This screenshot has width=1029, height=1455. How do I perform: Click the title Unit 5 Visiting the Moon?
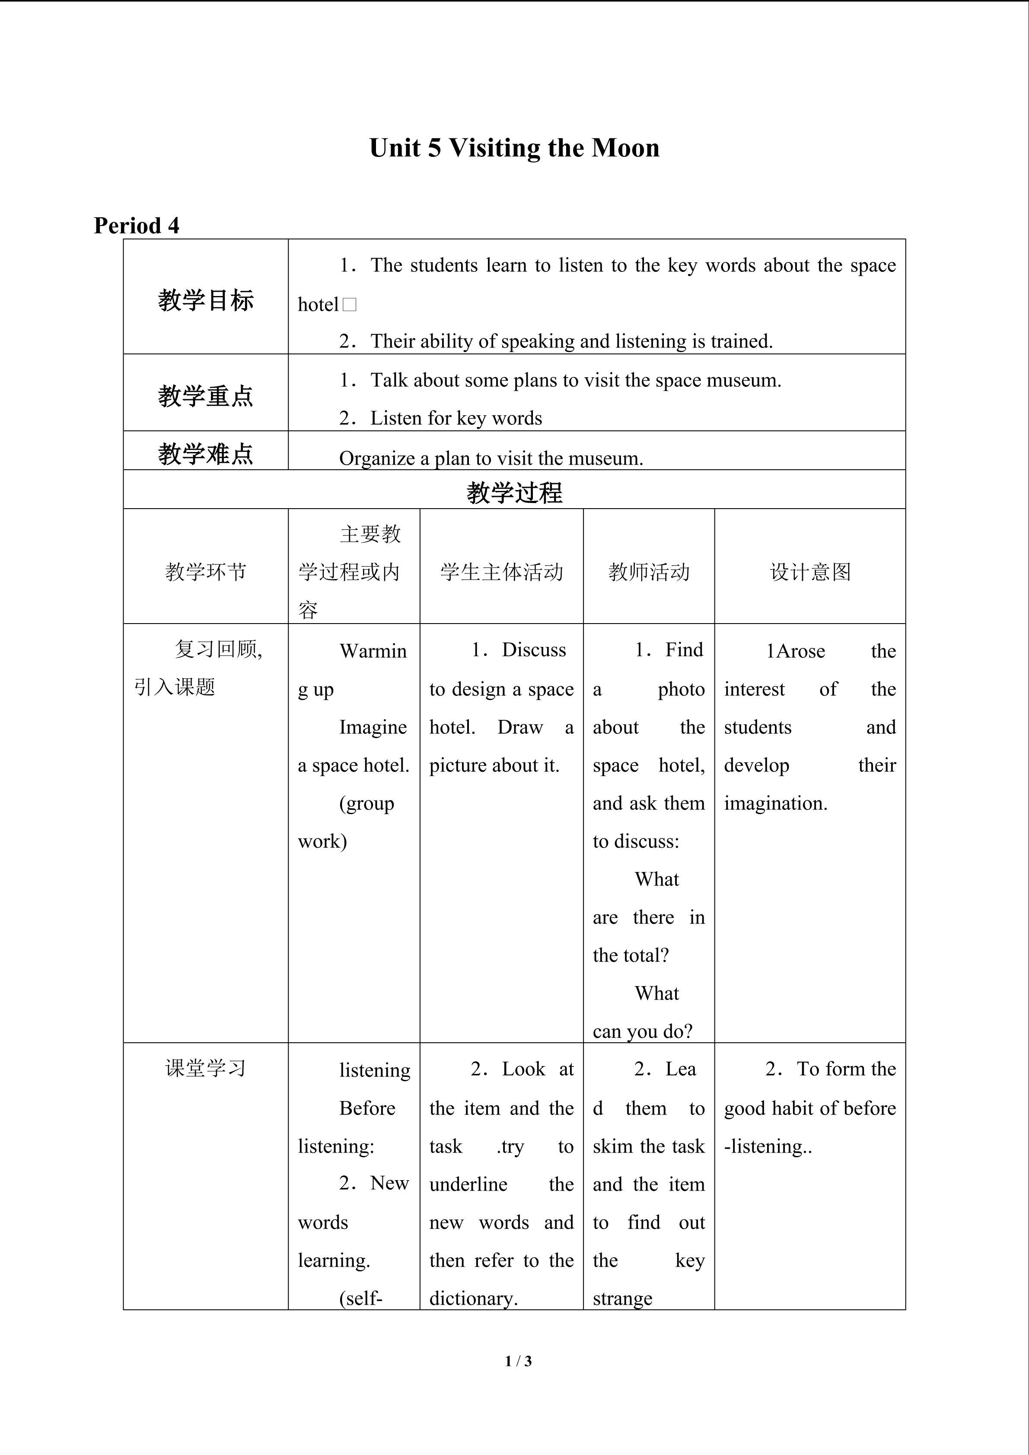514,148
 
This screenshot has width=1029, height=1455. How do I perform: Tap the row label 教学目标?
205,300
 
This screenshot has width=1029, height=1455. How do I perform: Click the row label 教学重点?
205,396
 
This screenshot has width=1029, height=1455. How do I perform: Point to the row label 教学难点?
205,454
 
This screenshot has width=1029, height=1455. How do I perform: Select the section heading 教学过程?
514,492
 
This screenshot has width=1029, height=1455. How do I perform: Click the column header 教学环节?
205,572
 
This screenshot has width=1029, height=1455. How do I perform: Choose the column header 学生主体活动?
501,572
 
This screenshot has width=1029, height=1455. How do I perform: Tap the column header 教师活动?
648,572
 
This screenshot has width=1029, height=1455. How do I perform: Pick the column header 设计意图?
810,572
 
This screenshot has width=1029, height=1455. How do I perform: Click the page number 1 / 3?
518,1360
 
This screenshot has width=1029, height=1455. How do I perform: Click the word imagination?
776,803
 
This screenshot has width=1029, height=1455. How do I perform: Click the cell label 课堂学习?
205,1068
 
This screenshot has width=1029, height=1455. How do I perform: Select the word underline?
468,1184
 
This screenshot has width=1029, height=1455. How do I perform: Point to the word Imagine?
373,728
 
